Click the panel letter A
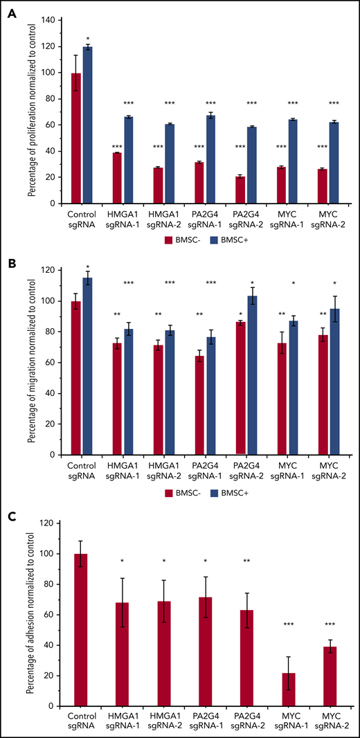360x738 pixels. point(12,11)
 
